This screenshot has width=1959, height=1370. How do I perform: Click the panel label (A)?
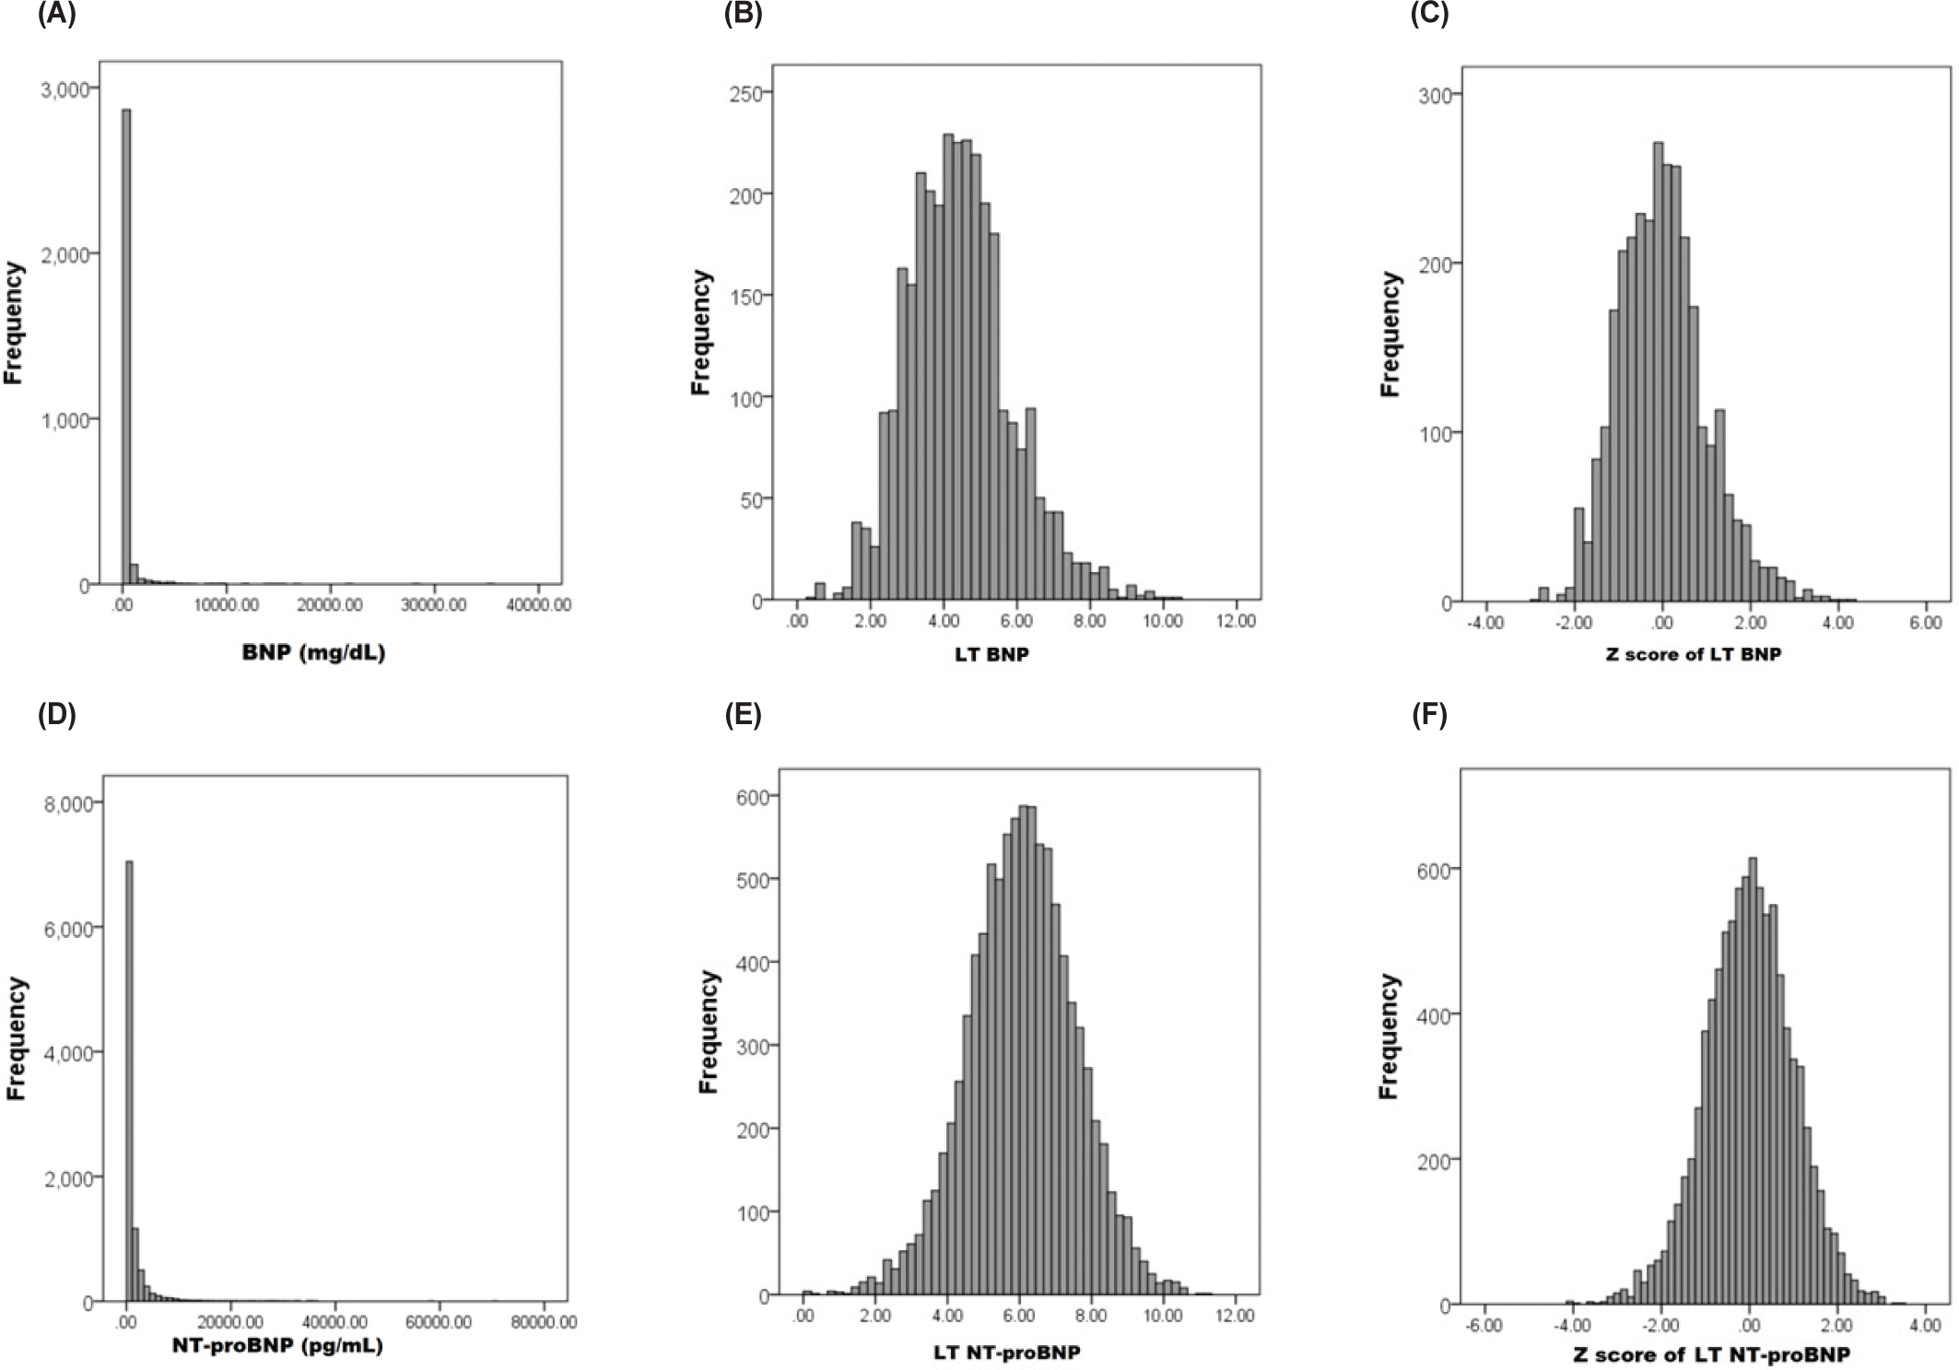point(56,16)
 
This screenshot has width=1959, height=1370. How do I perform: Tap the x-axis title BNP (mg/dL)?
point(313,653)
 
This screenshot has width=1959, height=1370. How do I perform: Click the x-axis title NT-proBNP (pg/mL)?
point(277,1345)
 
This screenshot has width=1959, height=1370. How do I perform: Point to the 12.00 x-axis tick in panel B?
point(1235,621)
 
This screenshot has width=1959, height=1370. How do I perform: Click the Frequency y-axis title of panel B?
point(701,333)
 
